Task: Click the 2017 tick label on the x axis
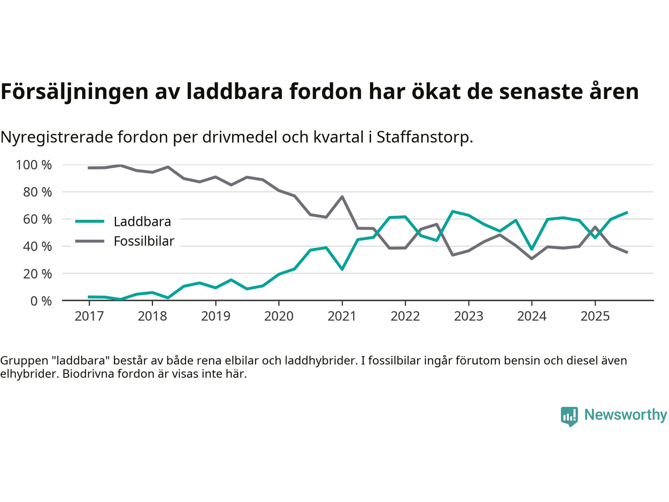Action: [x=89, y=316]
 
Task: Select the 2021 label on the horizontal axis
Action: [x=342, y=316]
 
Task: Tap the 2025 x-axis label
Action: [x=595, y=316]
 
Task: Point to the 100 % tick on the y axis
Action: [x=34, y=165]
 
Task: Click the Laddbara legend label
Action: [x=142, y=222]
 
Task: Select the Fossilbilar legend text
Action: [x=144, y=242]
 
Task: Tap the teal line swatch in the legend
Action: [x=90, y=222]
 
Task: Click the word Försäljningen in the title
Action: [x=74, y=92]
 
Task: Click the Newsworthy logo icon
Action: [x=569, y=416]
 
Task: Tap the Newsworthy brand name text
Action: [x=626, y=415]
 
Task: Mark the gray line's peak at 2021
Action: [x=342, y=197]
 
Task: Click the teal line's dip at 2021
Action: [x=342, y=269]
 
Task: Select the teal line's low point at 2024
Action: [x=532, y=249]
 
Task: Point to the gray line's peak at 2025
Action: [x=595, y=227]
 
